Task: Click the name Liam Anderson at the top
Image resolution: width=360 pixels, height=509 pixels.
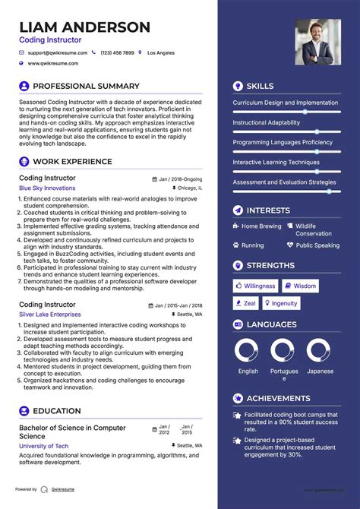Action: [84, 27]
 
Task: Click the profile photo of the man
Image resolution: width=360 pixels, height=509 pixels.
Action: [317, 42]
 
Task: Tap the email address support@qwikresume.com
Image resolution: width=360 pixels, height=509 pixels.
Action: [58, 53]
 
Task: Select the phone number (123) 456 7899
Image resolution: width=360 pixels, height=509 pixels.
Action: [117, 53]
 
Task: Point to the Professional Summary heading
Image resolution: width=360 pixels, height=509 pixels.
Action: [86, 86]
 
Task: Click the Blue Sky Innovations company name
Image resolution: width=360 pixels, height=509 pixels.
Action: [47, 188]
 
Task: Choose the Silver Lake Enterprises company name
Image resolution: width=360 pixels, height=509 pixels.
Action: [49, 314]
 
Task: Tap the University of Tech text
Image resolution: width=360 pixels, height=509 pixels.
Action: [44, 446]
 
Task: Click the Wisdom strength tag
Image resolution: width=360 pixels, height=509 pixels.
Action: [300, 286]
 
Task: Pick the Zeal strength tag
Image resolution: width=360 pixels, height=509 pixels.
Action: [245, 303]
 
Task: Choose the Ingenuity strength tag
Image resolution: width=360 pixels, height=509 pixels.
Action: [280, 303]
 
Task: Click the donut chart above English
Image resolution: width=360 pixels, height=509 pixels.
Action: [248, 350]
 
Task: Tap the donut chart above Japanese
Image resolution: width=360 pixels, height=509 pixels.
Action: [320, 350]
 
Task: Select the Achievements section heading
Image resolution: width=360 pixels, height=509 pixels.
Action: [278, 398]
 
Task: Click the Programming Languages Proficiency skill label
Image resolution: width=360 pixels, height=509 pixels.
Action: [283, 142]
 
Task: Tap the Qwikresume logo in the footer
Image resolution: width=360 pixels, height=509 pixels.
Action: [45, 489]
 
